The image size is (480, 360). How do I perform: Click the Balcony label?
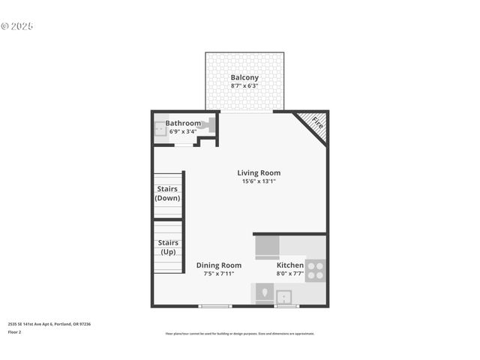click(x=244, y=77)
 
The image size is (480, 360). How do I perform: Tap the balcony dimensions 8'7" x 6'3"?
click(x=244, y=86)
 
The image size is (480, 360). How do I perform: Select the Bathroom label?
click(x=183, y=123)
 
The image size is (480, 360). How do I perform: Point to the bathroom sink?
click(x=160, y=129)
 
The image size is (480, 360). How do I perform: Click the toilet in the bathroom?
click(x=210, y=124)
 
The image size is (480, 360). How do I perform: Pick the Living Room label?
click(x=259, y=172)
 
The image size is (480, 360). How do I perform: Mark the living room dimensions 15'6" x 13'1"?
click(x=259, y=181)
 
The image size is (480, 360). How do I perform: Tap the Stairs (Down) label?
click(x=167, y=193)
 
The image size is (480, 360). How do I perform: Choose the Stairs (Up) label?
click(x=168, y=247)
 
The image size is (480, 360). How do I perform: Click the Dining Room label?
click(x=219, y=265)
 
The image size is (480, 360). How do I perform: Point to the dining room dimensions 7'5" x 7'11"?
click(x=219, y=274)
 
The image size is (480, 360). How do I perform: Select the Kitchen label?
click(x=290, y=265)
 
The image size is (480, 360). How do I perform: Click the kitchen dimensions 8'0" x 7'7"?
click(x=290, y=274)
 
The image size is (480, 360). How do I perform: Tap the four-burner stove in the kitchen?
click(x=316, y=270)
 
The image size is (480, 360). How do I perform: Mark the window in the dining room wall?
click(x=215, y=306)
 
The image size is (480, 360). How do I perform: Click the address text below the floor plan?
click(x=49, y=324)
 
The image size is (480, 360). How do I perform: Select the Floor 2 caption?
click(x=15, y=331)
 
